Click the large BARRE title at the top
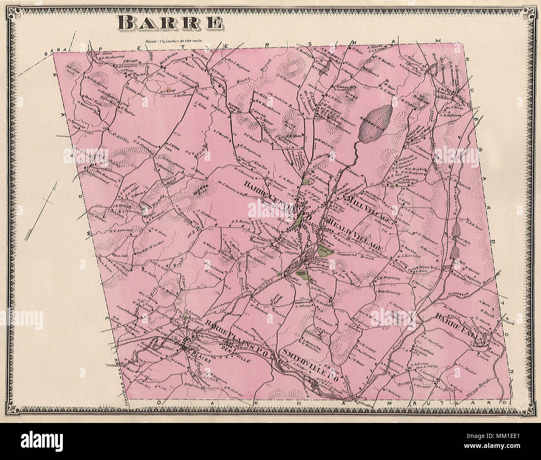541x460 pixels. coord(170,23)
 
